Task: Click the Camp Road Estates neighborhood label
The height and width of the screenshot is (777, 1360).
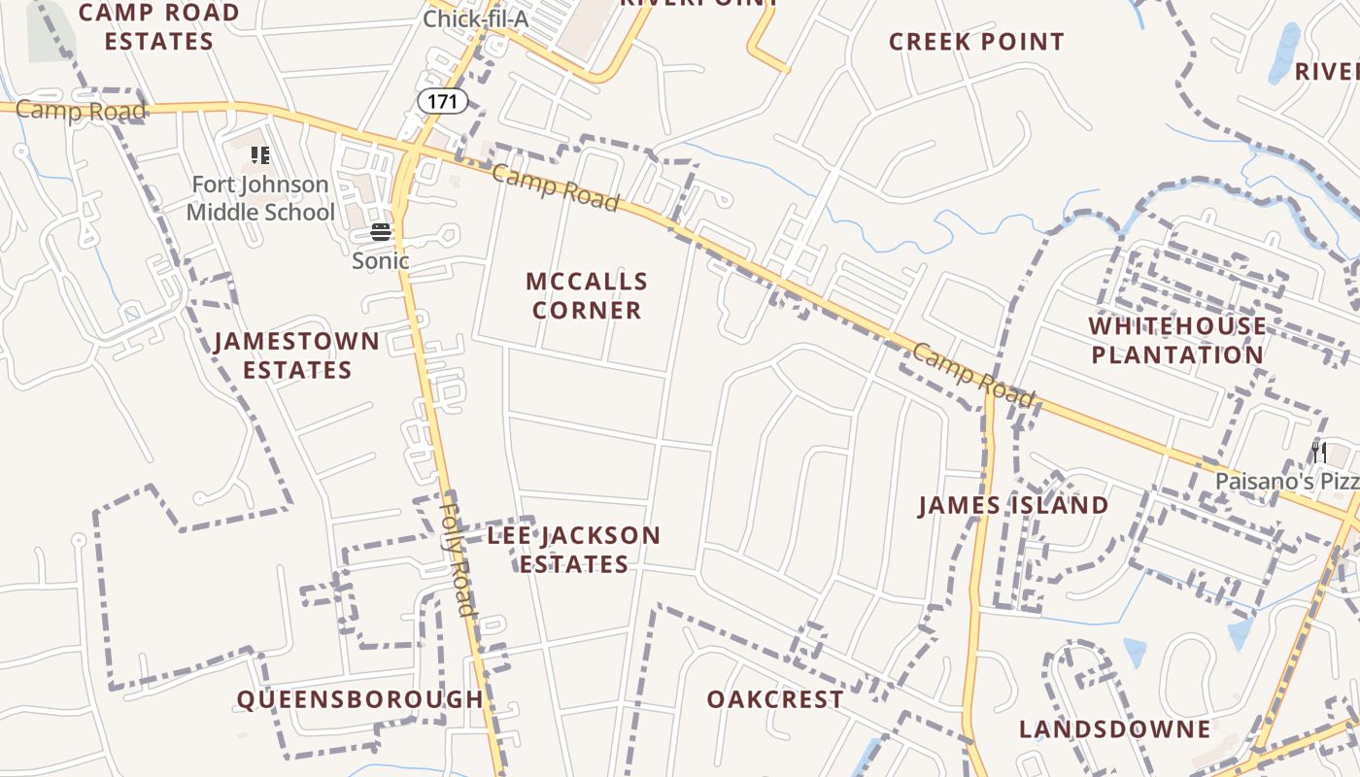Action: [x=158, y=27]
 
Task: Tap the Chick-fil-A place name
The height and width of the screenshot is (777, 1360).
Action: [x=475, y=18]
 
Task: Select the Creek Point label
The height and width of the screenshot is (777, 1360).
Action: [x=976, y=42]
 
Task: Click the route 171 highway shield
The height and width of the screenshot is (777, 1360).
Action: [x=443, y=100]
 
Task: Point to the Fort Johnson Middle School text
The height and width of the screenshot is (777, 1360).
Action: [x=260, y=198]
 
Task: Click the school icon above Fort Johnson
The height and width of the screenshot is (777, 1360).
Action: [x=259, y=155]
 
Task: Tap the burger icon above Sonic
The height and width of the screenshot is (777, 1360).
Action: [x=381, y=232]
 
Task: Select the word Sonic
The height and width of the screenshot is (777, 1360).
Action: [x=381, y=260]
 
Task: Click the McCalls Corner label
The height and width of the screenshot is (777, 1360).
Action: [x=586, y=295]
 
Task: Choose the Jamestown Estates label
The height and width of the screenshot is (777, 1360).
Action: [x=297, y=355]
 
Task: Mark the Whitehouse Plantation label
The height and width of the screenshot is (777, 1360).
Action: [x=1176, y=340]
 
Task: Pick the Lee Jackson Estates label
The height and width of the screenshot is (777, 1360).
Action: [x=573, y=550]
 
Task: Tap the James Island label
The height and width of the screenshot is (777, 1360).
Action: [x=1013, y=505]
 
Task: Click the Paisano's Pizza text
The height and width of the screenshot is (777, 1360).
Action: [x=1286, y=481]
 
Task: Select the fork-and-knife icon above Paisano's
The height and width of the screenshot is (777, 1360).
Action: [x=1318, y=452]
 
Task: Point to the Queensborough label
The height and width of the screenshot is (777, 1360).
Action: [x=360, y=699]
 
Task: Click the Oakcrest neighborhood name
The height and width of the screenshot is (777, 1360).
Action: [x=775, y=699]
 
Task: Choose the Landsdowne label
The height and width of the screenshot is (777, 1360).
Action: [x=1115, y=728]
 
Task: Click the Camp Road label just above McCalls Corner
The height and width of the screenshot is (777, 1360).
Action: [x=555, y=187]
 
